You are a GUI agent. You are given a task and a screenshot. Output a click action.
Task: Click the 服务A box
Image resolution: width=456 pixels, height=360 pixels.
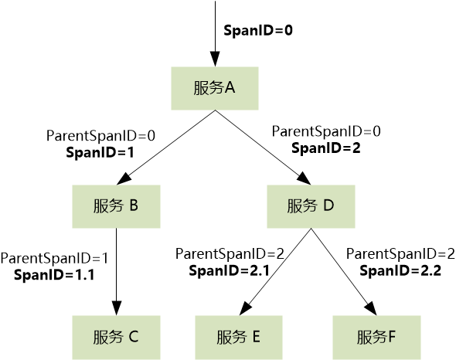(215, 88)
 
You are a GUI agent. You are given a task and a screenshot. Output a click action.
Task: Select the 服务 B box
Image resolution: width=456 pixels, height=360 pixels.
(117, 206)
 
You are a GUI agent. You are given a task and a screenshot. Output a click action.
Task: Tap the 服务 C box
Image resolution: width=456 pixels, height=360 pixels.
(117, 338)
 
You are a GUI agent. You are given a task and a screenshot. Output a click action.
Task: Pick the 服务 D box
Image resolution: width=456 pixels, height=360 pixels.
(311, 206)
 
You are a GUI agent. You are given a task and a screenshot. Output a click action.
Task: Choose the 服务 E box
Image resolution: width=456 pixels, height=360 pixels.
(239, 338)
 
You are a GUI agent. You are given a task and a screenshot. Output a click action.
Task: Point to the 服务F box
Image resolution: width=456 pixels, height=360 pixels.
(376, 338)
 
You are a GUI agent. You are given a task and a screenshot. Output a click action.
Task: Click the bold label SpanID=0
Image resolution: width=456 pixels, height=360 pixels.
(258, 31)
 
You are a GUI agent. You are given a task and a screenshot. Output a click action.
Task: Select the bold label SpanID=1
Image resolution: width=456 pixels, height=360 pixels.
(100, 153)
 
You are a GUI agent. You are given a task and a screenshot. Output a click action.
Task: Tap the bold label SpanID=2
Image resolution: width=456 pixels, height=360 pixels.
(326, 148)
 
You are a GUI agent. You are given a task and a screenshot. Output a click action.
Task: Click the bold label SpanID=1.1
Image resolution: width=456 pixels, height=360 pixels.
(54, 275)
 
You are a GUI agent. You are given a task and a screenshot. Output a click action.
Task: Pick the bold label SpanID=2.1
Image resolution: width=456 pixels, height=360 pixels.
(230, 270)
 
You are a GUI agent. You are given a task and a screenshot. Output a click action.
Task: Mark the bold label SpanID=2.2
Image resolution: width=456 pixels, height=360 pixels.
(400, 270)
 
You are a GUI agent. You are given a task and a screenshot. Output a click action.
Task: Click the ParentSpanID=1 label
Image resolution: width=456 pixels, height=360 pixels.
(54, 258)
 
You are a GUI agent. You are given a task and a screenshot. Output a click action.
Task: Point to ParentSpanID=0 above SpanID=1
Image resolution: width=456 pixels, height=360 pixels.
(100, 136)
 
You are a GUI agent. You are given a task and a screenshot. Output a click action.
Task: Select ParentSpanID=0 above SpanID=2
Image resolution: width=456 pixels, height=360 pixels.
(326, 131)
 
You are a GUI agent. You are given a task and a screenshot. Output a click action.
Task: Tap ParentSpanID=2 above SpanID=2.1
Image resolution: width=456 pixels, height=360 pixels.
(230, 254)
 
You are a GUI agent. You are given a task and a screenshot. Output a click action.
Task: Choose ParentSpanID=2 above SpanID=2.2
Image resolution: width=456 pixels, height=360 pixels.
(400, 254)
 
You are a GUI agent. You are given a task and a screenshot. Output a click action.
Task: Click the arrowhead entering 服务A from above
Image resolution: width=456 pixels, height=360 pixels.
(215, 59)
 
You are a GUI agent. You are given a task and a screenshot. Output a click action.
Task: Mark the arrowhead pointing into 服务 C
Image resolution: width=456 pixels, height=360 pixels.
(117, 307)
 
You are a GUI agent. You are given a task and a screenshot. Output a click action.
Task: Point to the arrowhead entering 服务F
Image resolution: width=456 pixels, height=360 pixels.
(372, 308)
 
